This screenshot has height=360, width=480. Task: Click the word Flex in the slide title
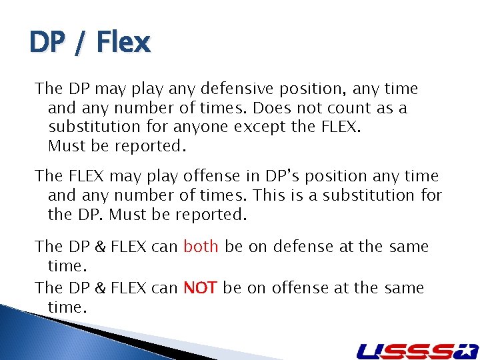coord(124,43)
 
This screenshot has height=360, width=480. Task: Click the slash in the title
coord(80,43)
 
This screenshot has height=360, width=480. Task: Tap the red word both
coord(201,247)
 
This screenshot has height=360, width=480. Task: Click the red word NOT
coord(201,288)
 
